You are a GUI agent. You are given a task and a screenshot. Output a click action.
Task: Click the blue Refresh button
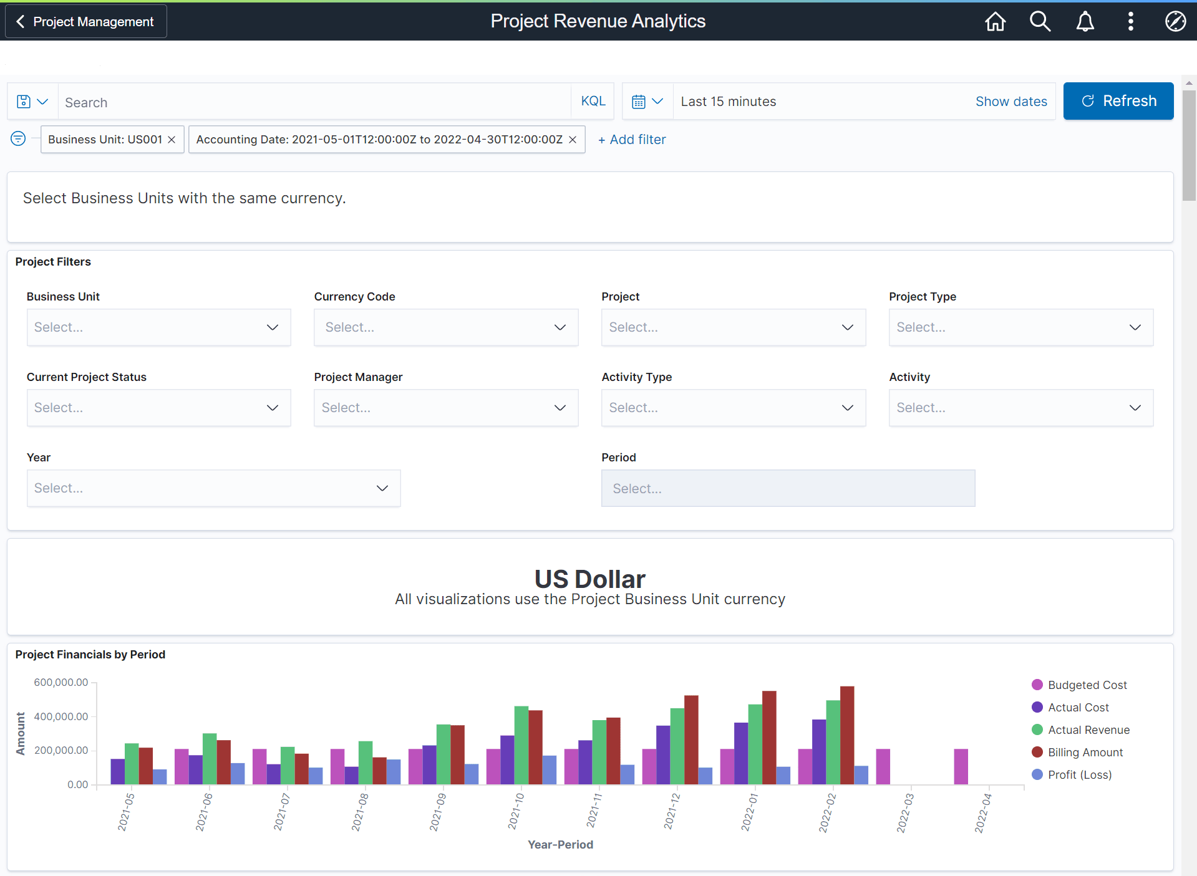[x=1118, y=101]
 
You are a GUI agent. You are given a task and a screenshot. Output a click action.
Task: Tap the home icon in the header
[x=995, y=21]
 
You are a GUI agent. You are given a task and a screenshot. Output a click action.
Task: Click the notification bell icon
[x=1085, y=21]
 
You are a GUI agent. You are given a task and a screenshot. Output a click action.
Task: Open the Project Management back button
[x=86, y=21]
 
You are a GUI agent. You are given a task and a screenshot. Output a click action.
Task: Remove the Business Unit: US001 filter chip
[x=172, y=140]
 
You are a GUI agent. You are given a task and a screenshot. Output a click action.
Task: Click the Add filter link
[x=632, y=140]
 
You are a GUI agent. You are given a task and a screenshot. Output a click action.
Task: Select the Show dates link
[x=1010, y=102]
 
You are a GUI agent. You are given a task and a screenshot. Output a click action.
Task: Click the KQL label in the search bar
[x=593, y=101]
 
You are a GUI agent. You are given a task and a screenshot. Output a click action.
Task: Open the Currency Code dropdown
[x=445, y=327]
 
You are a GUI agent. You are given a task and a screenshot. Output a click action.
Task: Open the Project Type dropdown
[x=1020, y=327]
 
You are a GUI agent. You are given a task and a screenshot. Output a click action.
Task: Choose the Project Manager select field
[x=445, y=408]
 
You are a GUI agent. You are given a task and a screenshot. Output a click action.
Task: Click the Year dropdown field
[x=213, y=488]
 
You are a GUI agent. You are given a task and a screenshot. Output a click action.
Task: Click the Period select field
[x=787, y=488]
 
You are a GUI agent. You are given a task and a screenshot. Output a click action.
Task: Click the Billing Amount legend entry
[x=1085, y=753]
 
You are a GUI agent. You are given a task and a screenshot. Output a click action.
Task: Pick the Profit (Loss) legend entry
[x=1079, y=775]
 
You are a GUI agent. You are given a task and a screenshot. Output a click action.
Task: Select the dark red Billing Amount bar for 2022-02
[x=846, y=736]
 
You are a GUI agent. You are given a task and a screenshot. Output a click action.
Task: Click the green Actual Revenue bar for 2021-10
[x=521, y=745]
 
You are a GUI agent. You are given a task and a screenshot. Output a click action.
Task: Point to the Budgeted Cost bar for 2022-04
[x=961, y=767]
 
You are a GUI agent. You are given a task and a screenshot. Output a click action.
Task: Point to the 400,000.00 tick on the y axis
[x=61, y=716]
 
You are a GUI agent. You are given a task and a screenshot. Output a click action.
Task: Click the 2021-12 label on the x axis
[x=672, y=811]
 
